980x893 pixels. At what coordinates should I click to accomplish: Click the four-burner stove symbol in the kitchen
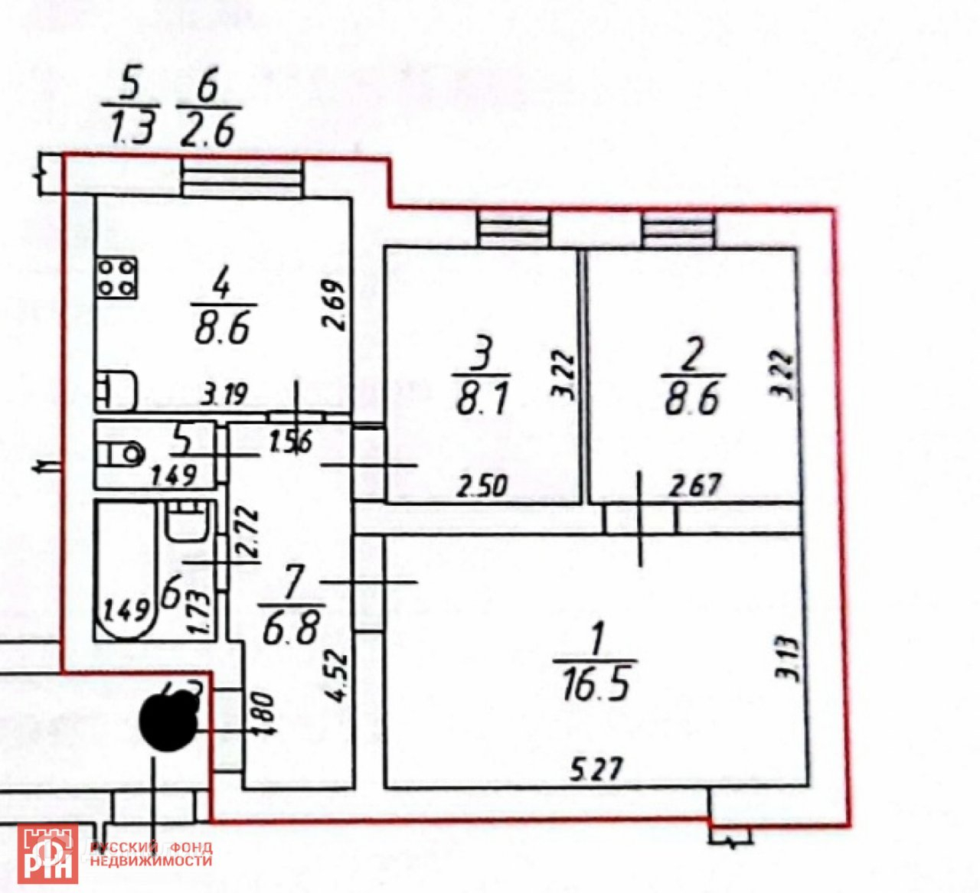point(117,276)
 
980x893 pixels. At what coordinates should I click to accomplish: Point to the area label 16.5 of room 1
point(595,683)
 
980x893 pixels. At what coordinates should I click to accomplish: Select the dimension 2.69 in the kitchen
point(335,306)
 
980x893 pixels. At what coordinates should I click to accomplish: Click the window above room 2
point(679,230)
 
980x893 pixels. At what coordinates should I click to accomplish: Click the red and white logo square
point(47,853)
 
